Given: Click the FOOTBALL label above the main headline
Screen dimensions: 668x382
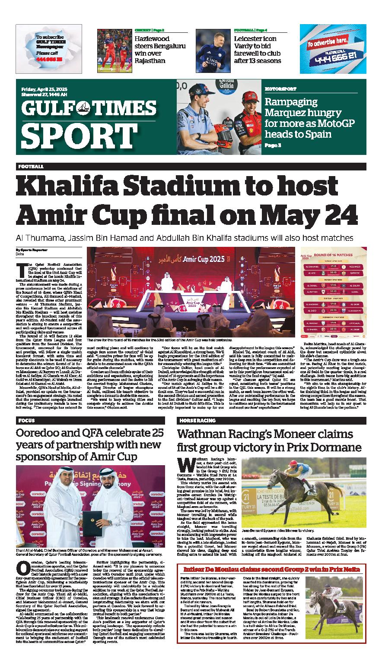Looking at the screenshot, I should click(x=31, y=166).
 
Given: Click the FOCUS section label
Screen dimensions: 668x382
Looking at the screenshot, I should click(x=26, y=420).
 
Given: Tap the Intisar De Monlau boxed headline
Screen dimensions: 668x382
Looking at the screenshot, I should click(x=272, y=569).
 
